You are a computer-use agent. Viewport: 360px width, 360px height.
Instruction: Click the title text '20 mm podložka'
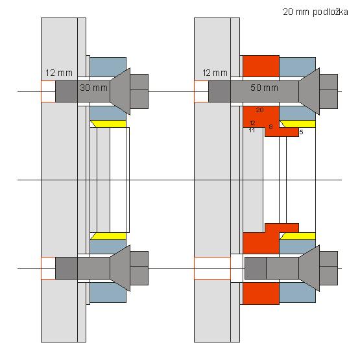click(315, 12)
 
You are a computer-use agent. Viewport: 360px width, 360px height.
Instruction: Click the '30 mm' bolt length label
click(93, 88)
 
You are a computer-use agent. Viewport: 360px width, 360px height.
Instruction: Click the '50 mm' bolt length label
click(264, 88)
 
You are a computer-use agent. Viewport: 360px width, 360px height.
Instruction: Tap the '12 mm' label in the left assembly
click(59, 73)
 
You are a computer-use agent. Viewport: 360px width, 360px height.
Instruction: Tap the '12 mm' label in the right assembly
click(215, 73)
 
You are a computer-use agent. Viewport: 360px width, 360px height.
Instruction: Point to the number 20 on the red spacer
click(259, 110)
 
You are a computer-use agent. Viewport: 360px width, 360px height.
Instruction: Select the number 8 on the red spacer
click(270, 126)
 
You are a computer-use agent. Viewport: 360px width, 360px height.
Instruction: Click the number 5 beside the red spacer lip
click(302, 132)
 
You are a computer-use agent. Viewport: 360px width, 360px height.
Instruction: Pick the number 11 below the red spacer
click(252, 130)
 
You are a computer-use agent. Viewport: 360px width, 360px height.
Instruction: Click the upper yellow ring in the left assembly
click(108, 124)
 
